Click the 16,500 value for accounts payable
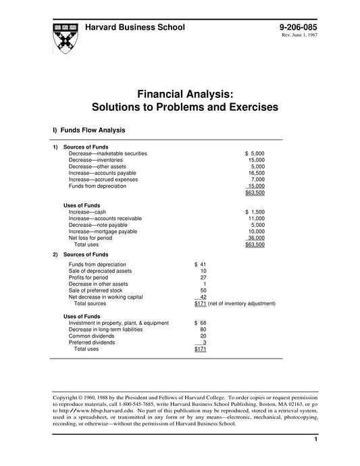pyautogui.click(x=256, y=173)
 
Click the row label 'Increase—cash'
pyautogui.click(x=88, y=212)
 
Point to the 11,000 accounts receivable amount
pyautogui.click(x=256, y=219)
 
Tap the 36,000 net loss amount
pyautogui.click(x=256, y=238)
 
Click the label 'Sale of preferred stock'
pyautogui.click(x=97, y=290)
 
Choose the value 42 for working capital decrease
pyautogui.click(x=203, y=296)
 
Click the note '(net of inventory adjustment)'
pyautogui.click(x=242, y=303)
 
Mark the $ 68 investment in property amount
pyautogui.click(x=200, y=323)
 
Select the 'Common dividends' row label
pyautogui.click(x=93, y=336)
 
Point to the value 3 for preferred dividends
pyautogui.click(x=204, y=342)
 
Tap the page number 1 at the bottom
pyautogui.click(x=315, y=440)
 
